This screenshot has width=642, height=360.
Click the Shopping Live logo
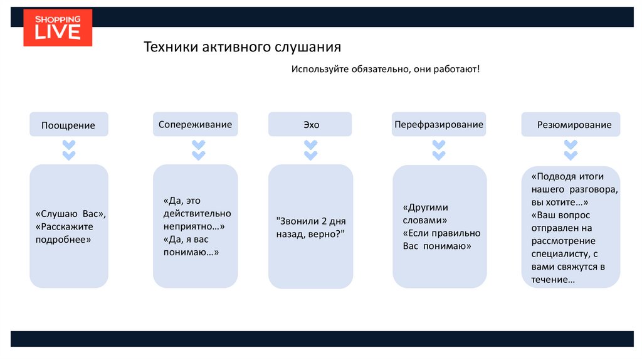click(58, 28)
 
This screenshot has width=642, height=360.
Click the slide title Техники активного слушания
click(243, 48)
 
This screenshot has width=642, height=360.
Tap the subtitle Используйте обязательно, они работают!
click(385, 68)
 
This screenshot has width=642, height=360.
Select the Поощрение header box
click(68, 125)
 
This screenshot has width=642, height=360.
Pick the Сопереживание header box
click(195, 124)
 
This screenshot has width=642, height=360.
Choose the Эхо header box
click(311, 124)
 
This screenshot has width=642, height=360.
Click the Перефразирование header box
click(439, 124)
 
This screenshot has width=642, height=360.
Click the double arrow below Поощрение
click(69, 151)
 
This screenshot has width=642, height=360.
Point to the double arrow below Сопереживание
click(199, 151)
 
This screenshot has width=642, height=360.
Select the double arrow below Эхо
click(311, 151)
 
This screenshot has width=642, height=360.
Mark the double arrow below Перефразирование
click(439, 151)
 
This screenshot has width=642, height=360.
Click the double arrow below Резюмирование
click(571, 151)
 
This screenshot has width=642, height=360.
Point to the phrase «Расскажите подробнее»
click(65, 233)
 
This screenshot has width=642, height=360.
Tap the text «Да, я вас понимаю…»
click(191, 245)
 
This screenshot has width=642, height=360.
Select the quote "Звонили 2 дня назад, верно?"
click(311, 227)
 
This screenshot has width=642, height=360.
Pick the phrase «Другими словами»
click(426, 214)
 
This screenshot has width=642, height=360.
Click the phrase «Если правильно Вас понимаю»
click(441, 240)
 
